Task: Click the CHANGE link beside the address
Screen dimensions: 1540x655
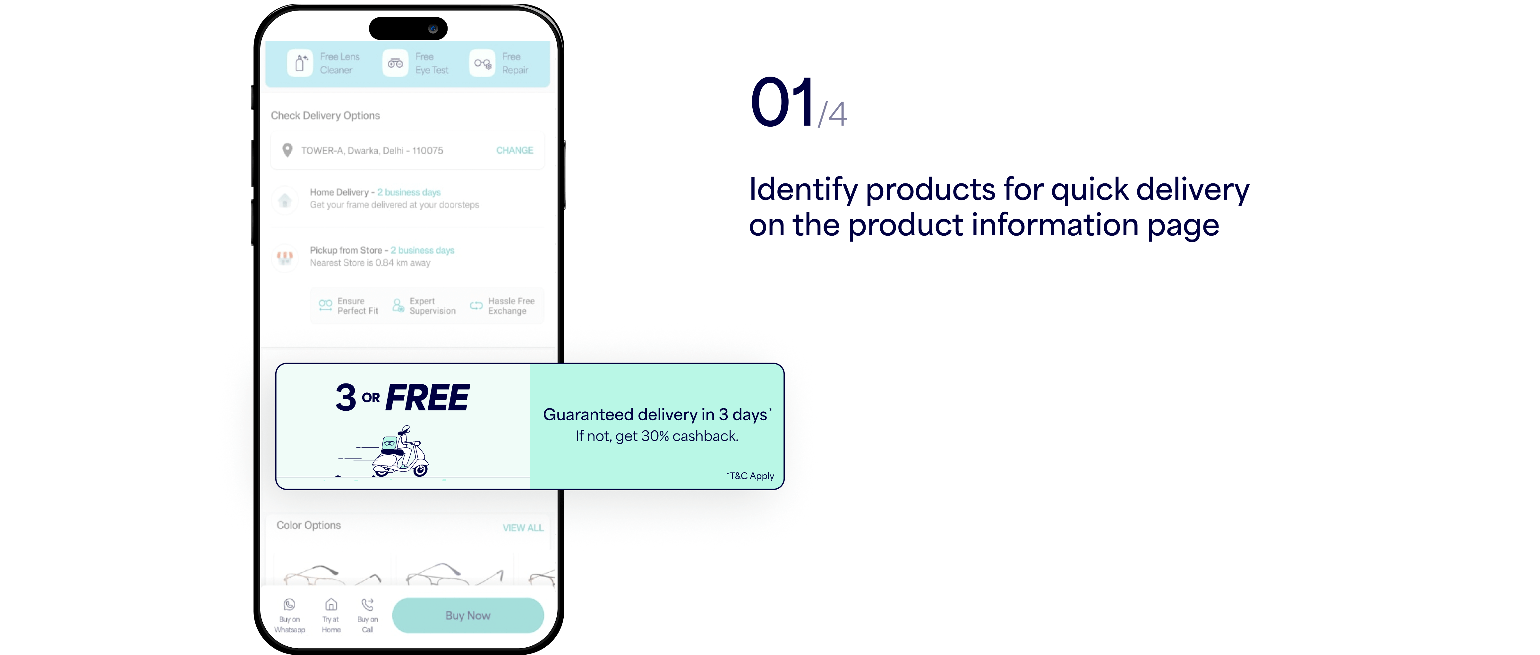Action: [515, 151]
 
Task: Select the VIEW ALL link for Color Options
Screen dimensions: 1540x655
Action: [523, 528]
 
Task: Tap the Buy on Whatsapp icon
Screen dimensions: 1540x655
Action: [289, 604]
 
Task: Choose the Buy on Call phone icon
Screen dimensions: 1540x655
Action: [368, 604]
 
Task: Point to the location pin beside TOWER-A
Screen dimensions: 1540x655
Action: [287, 150]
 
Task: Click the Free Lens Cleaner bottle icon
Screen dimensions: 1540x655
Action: [300, 63]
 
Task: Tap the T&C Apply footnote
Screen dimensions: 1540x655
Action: [750, 476]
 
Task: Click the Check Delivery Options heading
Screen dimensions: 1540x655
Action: [325, 115]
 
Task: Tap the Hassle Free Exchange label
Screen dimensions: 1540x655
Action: [511, 306]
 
